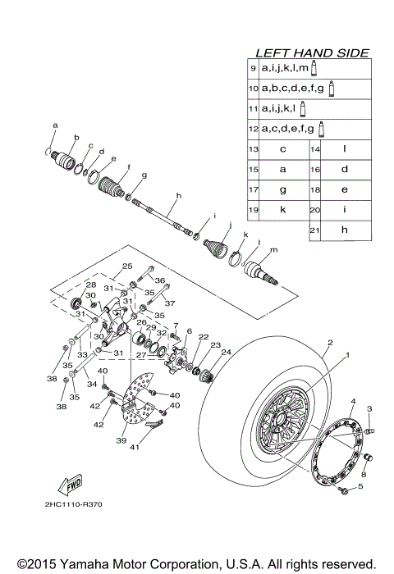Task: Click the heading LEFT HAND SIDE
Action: click(312, 52)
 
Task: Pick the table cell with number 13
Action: click(254, 149)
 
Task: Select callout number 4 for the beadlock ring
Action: click(353, 401)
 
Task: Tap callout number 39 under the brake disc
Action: click(121, 440)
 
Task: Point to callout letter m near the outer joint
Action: click(273, 249)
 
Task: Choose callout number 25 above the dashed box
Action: click(127, 266)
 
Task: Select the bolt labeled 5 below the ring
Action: click(341, 489)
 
